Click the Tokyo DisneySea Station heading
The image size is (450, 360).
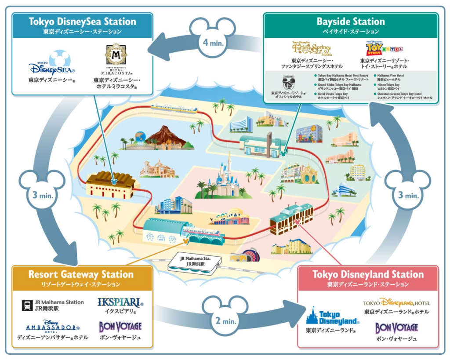click(x=82, y=22)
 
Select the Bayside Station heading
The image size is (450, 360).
click(x=350, y=22)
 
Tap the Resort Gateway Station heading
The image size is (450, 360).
click(x=81, y=274)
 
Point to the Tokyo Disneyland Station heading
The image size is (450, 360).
click(x=368, y=274)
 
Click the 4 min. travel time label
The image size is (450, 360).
click(x=213, y=43)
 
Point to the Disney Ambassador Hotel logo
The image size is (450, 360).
click(x=52, y=327)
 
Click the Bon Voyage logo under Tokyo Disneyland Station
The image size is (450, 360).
click(x=396, y=327)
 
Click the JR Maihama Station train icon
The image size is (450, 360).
click(x=27, y=305)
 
